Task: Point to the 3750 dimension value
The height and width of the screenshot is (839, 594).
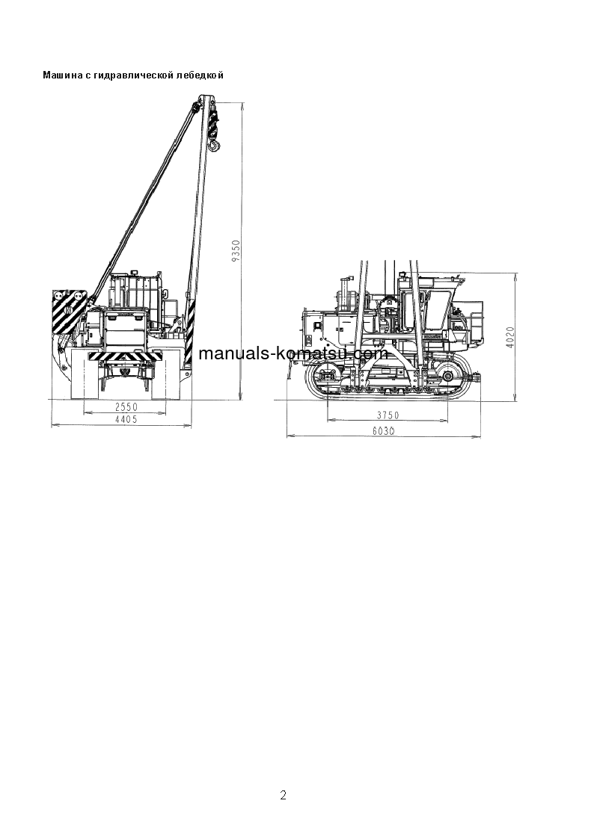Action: (387, 415)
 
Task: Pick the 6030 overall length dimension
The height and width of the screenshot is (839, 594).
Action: (384, 431)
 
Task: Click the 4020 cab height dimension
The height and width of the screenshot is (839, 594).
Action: (510, 337)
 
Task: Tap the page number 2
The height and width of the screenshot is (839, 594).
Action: (283, 795)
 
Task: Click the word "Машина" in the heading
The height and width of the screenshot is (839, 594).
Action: (58, 75)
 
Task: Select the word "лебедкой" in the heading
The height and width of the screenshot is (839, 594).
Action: (200, 75)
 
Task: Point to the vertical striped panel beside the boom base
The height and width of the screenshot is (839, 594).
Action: (189, 329)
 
